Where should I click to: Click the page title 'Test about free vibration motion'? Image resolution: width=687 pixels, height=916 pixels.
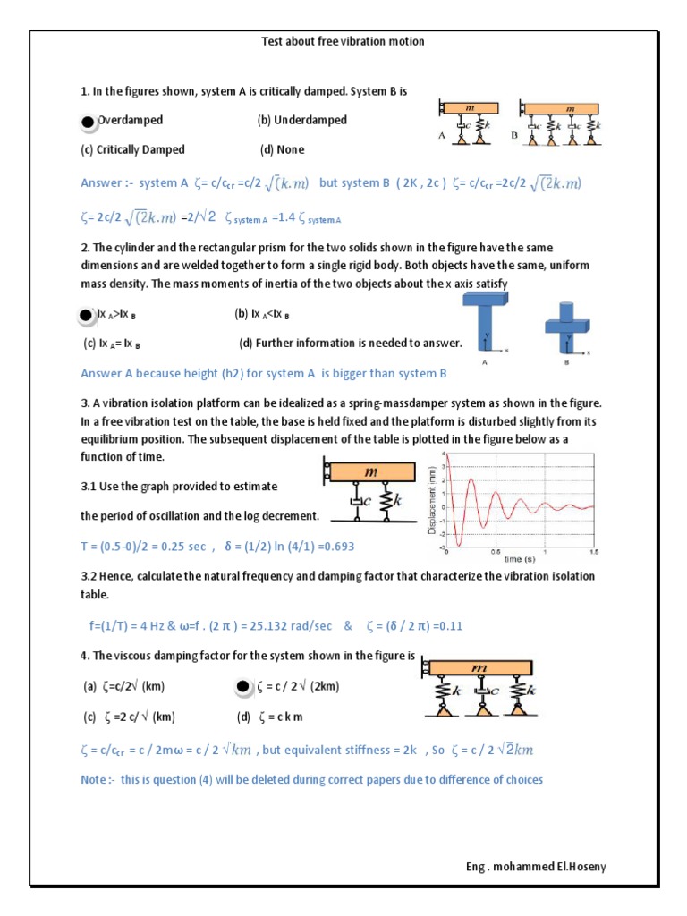(342, 42)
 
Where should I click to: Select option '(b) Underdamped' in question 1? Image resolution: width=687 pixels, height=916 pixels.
(301, 120)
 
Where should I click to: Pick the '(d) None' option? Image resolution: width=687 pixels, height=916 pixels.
(282, 149)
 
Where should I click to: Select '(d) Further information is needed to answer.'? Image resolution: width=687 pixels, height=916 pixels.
(350, 343)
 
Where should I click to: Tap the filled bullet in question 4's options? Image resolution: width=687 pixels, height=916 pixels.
(242, 688)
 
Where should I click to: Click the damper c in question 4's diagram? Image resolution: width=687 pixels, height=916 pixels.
(482, 691)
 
